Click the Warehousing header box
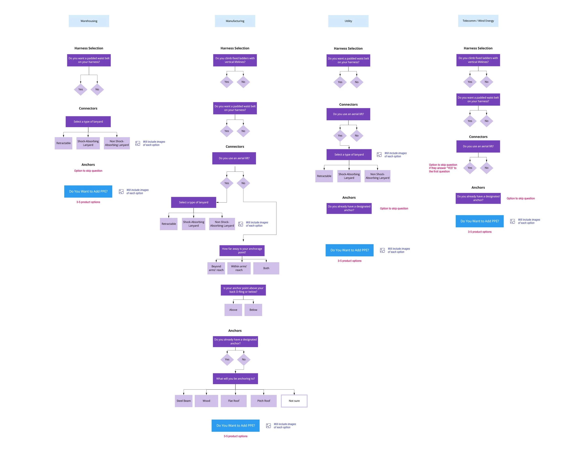89,21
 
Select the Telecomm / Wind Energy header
478,21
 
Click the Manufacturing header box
235,21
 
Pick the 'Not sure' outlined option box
294,401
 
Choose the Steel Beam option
183,401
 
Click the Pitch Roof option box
263,401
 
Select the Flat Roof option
233,401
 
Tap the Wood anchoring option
206,401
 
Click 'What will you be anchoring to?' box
235,378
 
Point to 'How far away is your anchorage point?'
242,250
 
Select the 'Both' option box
266,268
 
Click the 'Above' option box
233,310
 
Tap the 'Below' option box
253,310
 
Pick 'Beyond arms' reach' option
216,268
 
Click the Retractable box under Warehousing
63,143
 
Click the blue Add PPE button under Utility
349,250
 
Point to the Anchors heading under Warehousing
88,164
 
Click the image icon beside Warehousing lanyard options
138,143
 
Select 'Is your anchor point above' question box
243,290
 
